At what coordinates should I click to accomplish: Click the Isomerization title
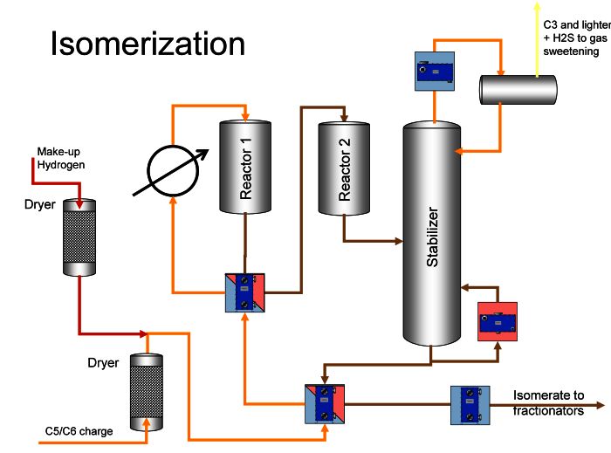click(x=148, y=44)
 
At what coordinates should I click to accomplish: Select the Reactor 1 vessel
click(x=245, y=167)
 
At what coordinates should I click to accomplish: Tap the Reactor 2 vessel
click(x=344, y=168)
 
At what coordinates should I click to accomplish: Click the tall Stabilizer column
click(x=432, y=233)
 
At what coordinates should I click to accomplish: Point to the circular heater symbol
click(x=173, y=170)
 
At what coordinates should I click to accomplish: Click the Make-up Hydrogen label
click(x=61, y=158)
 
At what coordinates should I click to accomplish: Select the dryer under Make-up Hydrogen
click(x=79, y=237)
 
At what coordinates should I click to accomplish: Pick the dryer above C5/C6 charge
click(x=146, y=392)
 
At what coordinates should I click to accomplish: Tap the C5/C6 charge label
click(x=79, y=431)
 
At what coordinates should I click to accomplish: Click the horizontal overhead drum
click(x=518, y=90)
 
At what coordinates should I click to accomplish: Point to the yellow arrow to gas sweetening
click(x=537, y=39)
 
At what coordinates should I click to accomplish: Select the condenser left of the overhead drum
click(x=435, y=72)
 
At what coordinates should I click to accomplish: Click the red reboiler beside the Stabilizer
click(x=498, y=322)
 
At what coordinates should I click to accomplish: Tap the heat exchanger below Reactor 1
click(x=245, y=292)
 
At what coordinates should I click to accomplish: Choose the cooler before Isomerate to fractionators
click(x=470, y=405)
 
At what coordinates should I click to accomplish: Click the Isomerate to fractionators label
click(x=548, y=402)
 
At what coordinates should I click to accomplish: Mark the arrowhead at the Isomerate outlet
click(x=601, y=406)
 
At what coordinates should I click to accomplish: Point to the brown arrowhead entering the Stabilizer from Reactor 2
click(x=399, y=241)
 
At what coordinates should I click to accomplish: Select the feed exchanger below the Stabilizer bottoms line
click(x=325, y=405)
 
